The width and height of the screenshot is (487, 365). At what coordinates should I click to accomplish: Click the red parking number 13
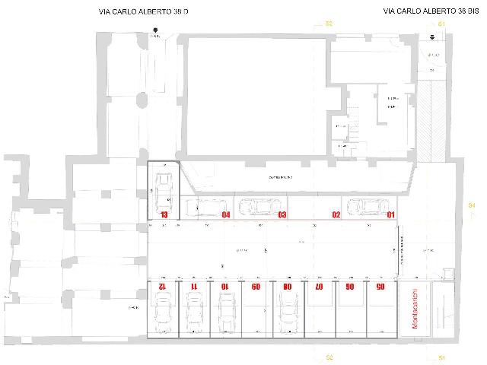[164, 215]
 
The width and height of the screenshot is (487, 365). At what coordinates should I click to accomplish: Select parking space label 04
[226, 215]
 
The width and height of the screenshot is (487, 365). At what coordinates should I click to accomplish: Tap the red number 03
[282, 215]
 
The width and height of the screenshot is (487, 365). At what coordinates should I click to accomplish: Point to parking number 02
[335, 215]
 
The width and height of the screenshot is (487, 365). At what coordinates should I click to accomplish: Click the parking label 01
[391, 215]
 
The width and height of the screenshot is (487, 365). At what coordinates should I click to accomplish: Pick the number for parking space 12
[162, 287]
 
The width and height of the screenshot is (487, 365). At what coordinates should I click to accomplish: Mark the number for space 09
[256, 287]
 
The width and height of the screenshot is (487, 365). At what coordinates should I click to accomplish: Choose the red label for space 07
[320, 287]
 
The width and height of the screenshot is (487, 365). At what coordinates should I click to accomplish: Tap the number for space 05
[381, 287]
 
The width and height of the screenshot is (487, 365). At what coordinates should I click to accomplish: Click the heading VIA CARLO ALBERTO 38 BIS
[423, 11]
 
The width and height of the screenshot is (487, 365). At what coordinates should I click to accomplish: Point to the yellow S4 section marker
[471, 205]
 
